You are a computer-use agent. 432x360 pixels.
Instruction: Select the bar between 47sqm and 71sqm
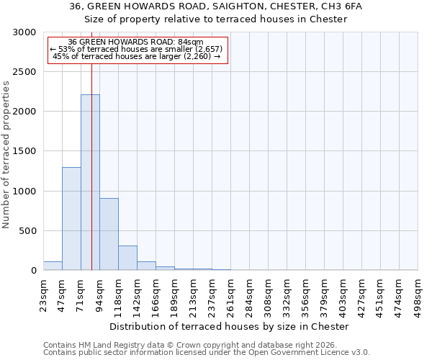(x=71, y=219)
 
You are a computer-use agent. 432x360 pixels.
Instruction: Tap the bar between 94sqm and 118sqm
(x=109, y=234)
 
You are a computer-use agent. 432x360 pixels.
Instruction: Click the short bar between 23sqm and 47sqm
(x=53, y=266)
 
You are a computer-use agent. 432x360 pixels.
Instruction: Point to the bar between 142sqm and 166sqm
(x=146, y=266)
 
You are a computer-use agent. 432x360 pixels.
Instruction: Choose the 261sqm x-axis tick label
(x=231, y=294)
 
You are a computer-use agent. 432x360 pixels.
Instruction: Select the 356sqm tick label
(x=306, y=294)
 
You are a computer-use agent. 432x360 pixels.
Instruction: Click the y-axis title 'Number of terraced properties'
(x=6, y=155)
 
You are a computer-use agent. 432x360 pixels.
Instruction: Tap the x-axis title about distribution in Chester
(x=230, y=326)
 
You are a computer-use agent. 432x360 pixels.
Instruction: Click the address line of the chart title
(x=216, y=6)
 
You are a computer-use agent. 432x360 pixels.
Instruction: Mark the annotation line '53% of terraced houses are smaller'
(x=137, y=48)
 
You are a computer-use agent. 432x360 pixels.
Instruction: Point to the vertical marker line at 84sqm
(x=91, y=166)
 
